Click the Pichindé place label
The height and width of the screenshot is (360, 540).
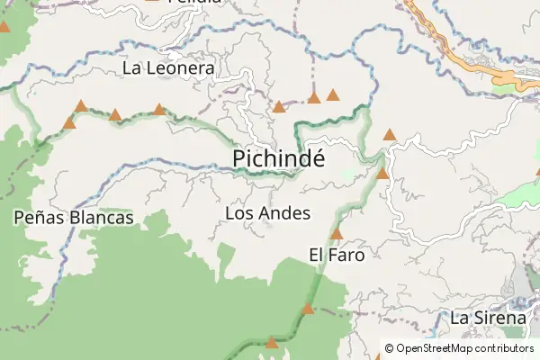pyautogui.click(x=278, y=157)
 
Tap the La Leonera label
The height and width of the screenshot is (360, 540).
pyautogui.click(x=168, y=67)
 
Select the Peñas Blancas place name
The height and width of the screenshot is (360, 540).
pyautogui.click(x=74, y=217)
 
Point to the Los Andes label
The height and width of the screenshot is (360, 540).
pyautogui.click(x=267, y=213)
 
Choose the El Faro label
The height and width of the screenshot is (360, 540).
pyautogui.click(x=337, y=255)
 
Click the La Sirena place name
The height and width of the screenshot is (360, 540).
pyautogui.click(x=488, y=318)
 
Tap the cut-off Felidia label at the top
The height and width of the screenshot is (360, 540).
pyautogui.click(x=194, y=3)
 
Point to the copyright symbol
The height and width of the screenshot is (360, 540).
pyautogui.click(x=389, y=348)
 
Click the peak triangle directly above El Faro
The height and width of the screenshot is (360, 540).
pyautogui.click(x=337, y=235)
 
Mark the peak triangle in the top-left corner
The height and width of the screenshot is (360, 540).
pyautogui.click(x=4, y=27)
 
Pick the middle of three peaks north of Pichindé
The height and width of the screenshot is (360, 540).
pyautogui.click(x=314, y=97)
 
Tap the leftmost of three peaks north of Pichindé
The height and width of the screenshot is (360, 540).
pyautogui.click(x=279, y=106)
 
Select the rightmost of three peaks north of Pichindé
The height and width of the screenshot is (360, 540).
pyautogui.click(x=333, y=94)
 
